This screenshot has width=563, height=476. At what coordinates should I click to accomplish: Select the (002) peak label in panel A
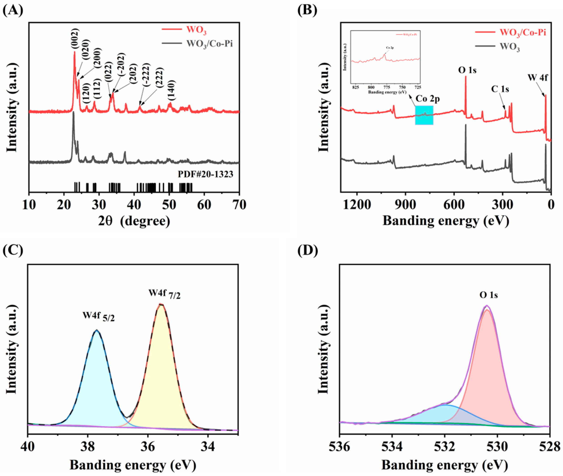(x=75, y=39)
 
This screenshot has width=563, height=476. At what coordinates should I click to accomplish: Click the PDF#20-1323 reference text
(x=205, y=174)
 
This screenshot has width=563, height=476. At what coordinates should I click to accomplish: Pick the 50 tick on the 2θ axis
(x=169, y=205)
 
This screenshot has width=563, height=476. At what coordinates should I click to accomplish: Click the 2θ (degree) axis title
(x=134, y=221)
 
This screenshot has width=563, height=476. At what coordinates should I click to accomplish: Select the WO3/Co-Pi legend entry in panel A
(x=209, y=44)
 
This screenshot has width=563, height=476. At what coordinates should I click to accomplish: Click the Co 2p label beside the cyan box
(x=427, y=99)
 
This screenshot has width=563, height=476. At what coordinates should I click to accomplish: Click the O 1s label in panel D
(x=488, y=295)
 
